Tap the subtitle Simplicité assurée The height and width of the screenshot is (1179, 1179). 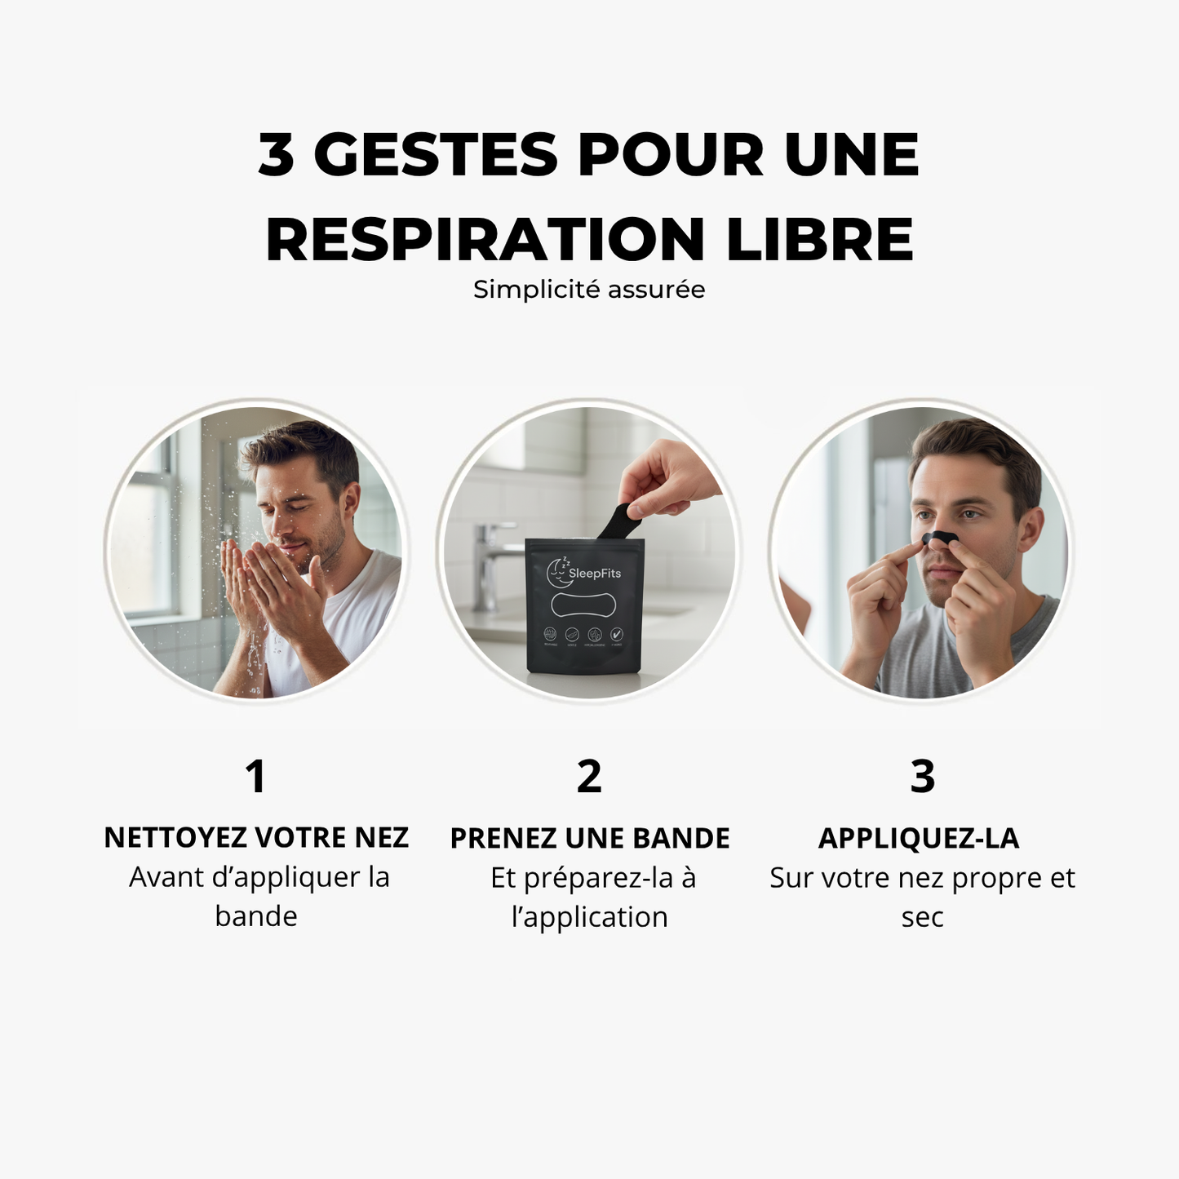pos(589,290)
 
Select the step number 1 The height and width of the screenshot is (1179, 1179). pos(255,776)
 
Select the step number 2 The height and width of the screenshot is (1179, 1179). pos(589,776)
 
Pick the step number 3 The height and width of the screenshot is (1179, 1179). pos(922,776)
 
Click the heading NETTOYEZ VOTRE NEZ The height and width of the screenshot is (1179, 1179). pos(255,838)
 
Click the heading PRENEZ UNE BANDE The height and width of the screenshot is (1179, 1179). pos(589,839)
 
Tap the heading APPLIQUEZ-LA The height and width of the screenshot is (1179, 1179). pos(919,839)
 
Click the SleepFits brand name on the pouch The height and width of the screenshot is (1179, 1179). pos(595,574)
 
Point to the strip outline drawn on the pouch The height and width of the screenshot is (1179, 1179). pos(584,605)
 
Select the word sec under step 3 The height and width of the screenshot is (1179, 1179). pos(922,917)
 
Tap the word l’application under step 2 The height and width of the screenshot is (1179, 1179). pos(589,917)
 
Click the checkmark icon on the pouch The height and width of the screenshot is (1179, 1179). pos(617,634)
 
